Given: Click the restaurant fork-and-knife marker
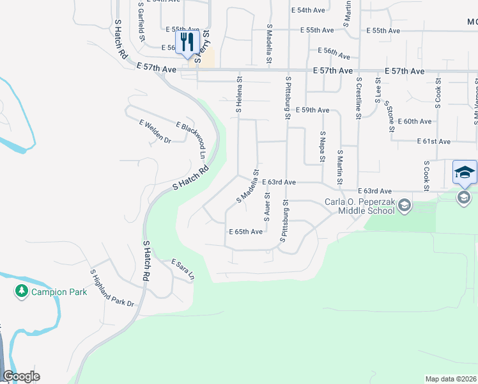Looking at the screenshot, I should click(187, 42).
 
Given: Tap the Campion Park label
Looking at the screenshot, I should click(59, 292).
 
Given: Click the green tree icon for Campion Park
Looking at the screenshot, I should click(21, 292).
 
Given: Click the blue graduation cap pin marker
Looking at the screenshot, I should click(465, 172).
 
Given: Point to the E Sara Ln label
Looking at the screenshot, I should click(182, 269).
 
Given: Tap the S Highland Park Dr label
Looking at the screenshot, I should click(112, 287).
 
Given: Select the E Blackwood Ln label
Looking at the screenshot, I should click(191, 141).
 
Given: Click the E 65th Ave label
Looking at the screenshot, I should click(245, 231).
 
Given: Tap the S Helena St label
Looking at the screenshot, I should click(240, 95).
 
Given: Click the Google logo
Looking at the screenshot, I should click(21, 376).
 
